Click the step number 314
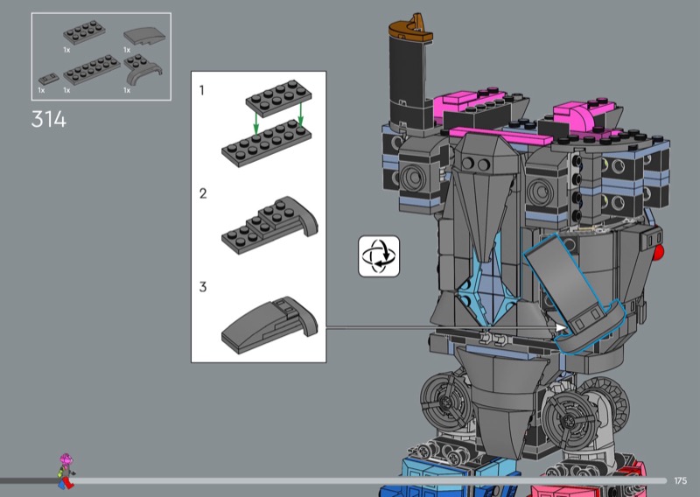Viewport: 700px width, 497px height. [49, 120]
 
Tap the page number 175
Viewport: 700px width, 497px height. [681, 480]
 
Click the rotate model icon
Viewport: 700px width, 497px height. [379, 256]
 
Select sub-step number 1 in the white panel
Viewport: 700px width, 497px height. [202, 90]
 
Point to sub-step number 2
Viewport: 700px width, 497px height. [203, 193]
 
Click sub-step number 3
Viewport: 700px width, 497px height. [203, 287]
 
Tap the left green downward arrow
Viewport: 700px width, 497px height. [255, 122]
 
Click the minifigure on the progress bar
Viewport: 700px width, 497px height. [66, 471]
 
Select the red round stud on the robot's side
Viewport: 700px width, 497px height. [658, 253]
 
